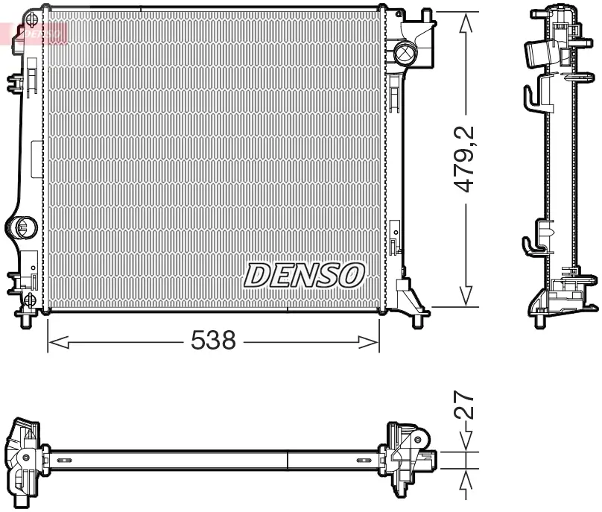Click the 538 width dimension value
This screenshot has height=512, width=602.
213,341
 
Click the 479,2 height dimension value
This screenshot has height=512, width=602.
466,159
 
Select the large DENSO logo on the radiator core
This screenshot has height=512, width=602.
304,276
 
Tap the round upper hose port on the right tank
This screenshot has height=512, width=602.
405,53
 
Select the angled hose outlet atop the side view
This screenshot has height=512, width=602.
540,52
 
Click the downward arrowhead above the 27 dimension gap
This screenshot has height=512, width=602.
466,443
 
